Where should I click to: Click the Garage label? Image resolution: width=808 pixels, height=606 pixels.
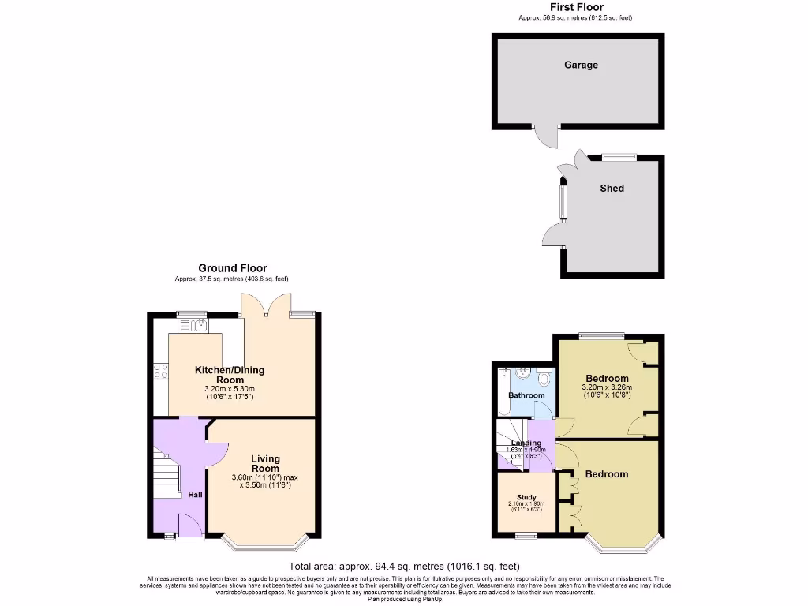pos(581,65)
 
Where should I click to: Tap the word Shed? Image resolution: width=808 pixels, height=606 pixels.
pos(612,189)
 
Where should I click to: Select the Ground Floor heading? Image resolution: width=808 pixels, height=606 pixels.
pos(232,268)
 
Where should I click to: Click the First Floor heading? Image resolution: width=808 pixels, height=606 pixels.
pos(576,7)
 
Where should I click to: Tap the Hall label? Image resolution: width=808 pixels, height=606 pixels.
pos(194,495)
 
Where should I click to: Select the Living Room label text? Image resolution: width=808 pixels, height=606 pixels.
pos(265,463)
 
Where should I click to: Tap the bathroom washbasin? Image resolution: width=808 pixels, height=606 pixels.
pos(520,373)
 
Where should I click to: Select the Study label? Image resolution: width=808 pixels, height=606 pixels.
pos(526,497)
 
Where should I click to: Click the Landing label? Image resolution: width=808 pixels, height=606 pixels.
pos(526,443)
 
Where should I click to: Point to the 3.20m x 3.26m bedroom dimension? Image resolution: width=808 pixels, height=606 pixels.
pos(607,388)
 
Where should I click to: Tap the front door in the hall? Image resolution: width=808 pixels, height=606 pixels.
pos(189,527)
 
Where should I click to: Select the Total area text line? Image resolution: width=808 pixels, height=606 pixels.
pos(404,567)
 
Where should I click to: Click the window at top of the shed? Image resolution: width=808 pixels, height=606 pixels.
pos(619,157)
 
